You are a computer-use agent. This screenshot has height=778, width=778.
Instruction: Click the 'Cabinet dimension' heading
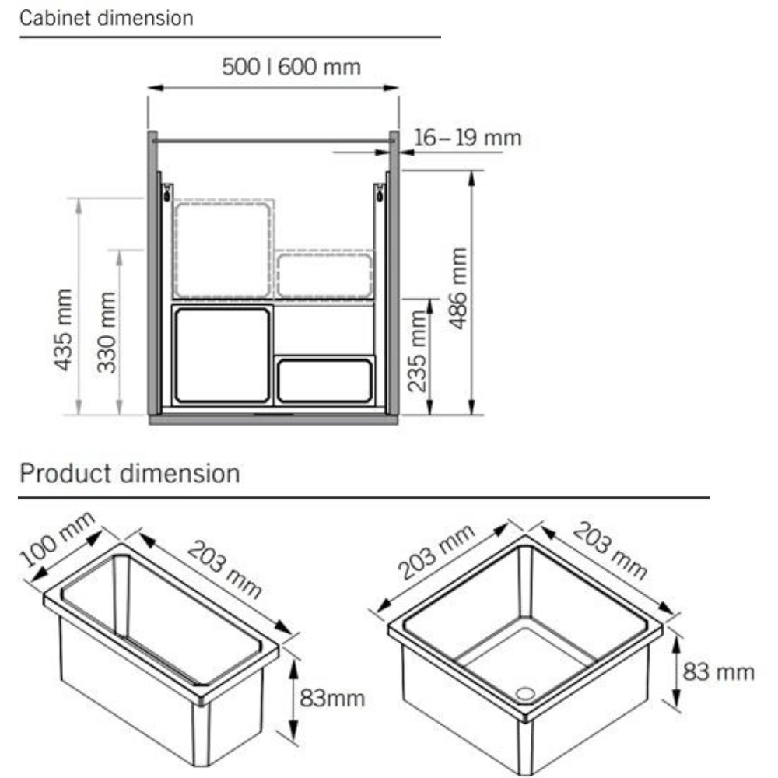pyautogui.click(x=106, y=19)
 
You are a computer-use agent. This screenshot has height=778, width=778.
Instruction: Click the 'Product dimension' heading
pyautogui.click(x=129, y=473)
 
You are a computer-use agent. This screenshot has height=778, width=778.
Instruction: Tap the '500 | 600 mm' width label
pyautogui.click(x=291, y=67)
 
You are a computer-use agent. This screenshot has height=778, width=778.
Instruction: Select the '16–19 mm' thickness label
pyautogui.click(x=468, y=138)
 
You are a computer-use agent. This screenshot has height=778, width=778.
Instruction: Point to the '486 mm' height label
pyautogui.click(x=458, y=288)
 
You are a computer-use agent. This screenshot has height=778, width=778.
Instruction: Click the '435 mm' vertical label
pyautogui.click(x=63, y=329)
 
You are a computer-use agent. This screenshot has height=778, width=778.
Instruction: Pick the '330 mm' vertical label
pyautogui.click(x=106, y=332)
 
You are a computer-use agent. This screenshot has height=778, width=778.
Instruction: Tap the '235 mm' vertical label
pyautogui.click(x=417, y=352)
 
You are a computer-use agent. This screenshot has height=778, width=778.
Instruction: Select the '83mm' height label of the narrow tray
pyautogui.click(x=332, y=699)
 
